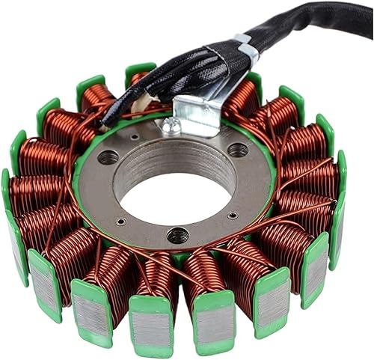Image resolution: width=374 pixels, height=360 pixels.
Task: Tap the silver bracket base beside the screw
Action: (x=196, y=120)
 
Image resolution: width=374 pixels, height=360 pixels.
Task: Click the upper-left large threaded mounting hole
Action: (x=108, y=157)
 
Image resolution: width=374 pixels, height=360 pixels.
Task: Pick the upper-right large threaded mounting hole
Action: (x=238, y=150)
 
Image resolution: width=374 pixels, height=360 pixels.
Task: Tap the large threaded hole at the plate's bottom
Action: (x=177, y=236)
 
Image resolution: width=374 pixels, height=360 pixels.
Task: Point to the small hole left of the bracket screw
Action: (x=134, y=138)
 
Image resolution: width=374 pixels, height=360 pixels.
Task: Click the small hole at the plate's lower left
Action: (x=121, y=222)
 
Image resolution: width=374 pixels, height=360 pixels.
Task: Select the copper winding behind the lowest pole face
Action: (x=156, y=277)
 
